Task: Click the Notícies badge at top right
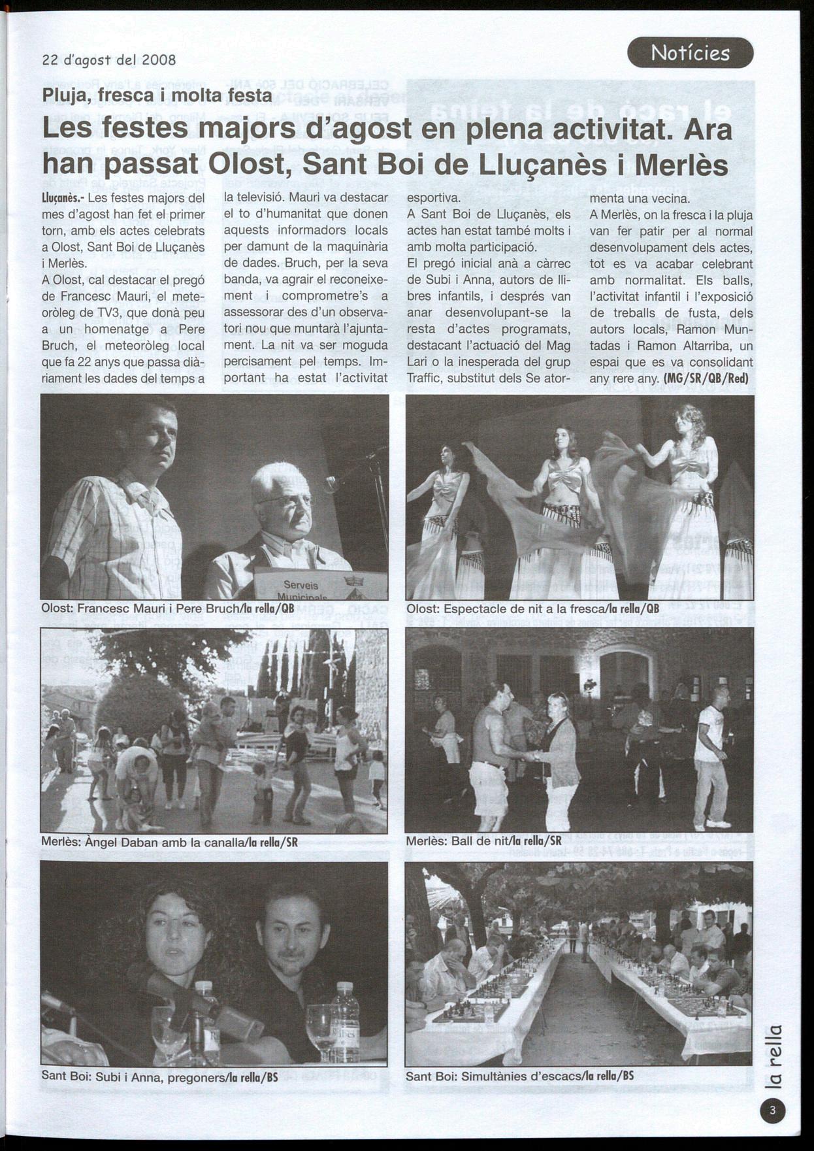690,53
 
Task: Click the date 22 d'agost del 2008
109,60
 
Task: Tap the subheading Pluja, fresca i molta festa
157,95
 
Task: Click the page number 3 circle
773,1110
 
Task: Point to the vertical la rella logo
773,1057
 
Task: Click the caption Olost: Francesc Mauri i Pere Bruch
168,608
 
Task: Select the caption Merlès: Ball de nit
483,841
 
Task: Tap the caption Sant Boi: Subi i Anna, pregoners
160,1076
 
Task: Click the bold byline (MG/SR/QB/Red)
706,378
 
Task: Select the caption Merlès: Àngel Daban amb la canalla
169,842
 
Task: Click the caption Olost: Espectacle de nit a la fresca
532,609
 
